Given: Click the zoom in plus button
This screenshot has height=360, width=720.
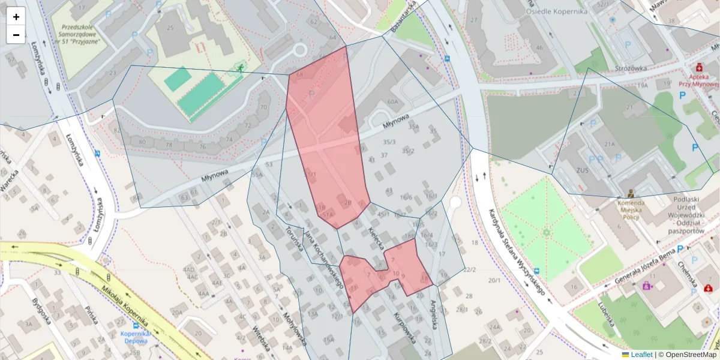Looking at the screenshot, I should click(x=16, y=17).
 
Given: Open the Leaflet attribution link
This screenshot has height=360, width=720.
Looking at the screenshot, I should click(x=641, y=355).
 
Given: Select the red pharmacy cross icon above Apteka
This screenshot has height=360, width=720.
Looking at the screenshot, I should click(x=698, y=67).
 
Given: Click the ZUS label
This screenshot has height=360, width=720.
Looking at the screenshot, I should click(x=582, y=170).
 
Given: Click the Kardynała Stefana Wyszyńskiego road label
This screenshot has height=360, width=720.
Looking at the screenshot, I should click(x=516, y=252).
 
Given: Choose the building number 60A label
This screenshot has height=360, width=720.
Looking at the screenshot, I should click(x=392, y=102).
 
